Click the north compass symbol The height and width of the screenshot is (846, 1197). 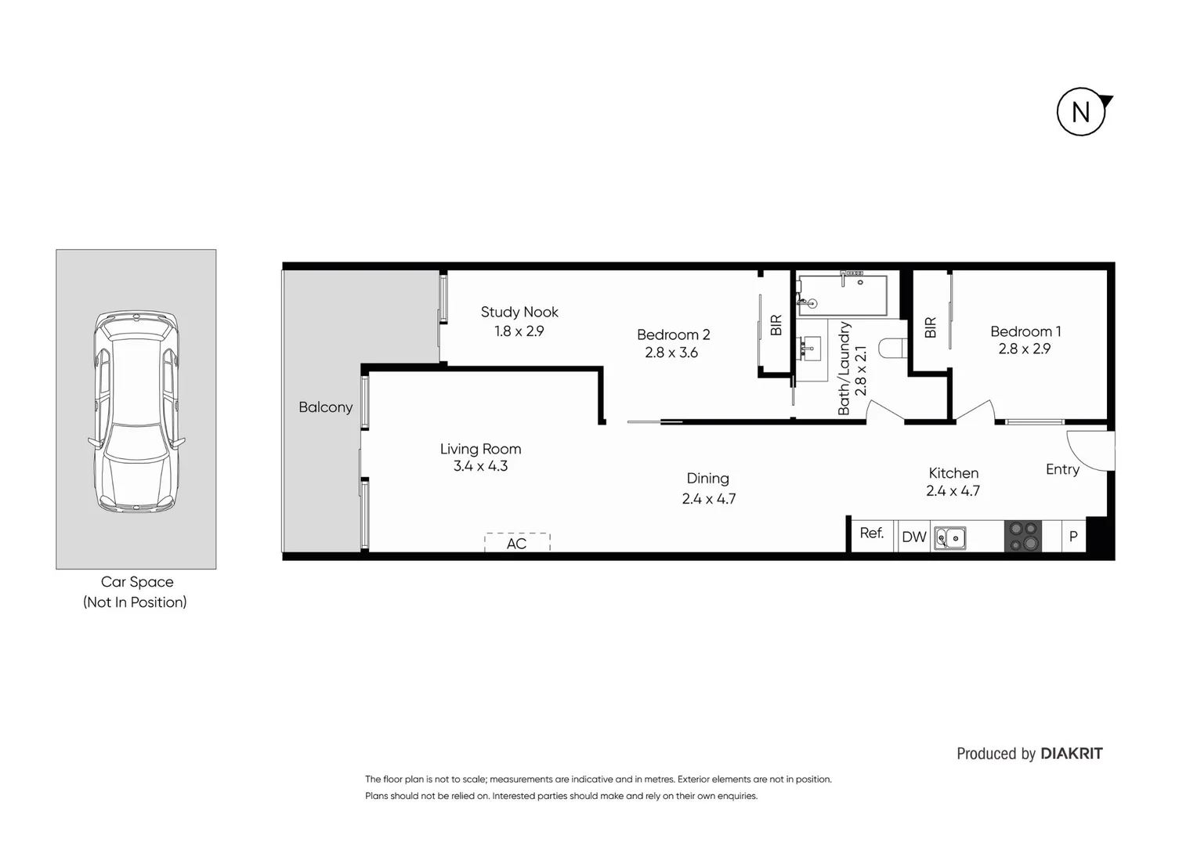(x=1082, y=112)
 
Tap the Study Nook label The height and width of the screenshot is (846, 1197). (x=519, y=312)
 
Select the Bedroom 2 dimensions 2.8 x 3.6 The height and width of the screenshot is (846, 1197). (x=671, y=353)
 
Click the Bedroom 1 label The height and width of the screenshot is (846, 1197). (x=1025, y=331)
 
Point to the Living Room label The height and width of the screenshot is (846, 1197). (x=480, y=449)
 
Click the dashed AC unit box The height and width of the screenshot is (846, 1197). (x=517, y=542)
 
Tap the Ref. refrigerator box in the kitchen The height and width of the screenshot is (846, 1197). (x=872, y=535)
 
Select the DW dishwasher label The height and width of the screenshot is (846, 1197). (x=913, y=537)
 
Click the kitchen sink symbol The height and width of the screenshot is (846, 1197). (x=949, y=538)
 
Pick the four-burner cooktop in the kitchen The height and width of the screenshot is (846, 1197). (x=1023, y=537)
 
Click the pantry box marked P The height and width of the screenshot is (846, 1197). (x=1073, y=537)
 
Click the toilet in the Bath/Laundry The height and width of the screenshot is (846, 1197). (x=892, y=348)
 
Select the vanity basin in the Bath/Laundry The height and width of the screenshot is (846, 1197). (x=811, y=346)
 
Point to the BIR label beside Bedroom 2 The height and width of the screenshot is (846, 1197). (x=776, y=325)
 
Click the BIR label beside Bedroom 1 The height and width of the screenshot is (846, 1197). (x=930, y=327)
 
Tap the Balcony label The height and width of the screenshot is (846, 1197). (x=325, y=407)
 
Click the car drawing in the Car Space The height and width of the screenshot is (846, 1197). (x=136, y=411)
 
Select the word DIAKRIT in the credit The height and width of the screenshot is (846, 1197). (x=1071, y=754)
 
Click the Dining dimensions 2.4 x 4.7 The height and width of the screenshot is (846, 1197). (x=708, y=499)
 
